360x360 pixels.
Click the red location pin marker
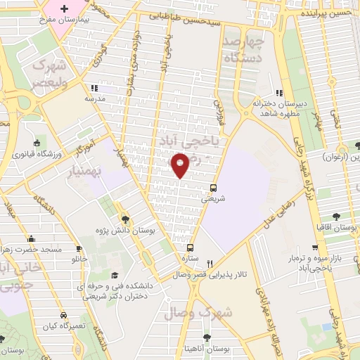(x=181, y=166)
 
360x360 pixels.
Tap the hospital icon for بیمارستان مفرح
(x=65, y=9)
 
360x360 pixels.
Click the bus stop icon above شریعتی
(x=213, y=188)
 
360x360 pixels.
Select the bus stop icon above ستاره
(x=190, y=247)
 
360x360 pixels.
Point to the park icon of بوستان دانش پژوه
(x=124, y=218)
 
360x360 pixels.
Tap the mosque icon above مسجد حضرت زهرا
(x=30, y=239)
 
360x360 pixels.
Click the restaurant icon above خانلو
(x=79, y=248)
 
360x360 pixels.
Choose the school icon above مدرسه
(x=91, y=90)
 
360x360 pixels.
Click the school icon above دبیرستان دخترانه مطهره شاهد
(x=279, y=92)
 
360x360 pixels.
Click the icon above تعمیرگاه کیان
(x=42, y=315)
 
